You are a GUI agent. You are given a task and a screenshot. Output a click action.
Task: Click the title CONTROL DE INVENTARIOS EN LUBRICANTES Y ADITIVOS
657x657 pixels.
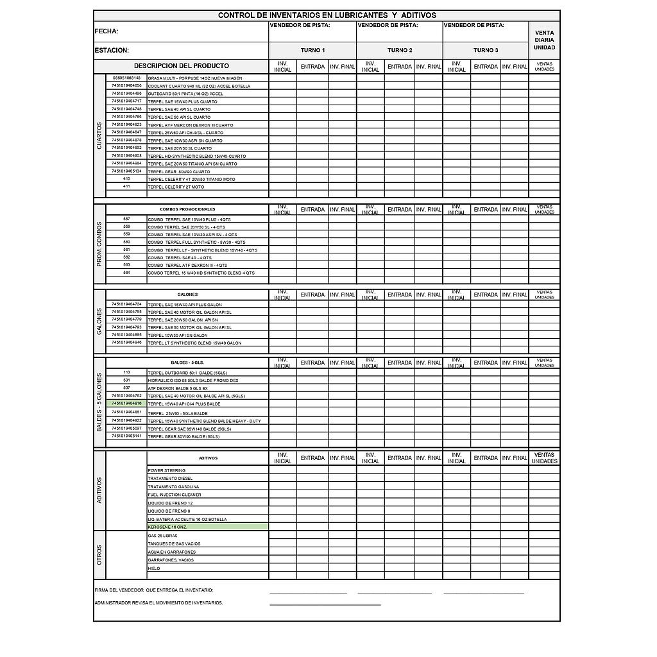pos(327,15)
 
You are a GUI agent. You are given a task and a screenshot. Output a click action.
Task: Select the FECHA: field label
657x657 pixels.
pos(107,31)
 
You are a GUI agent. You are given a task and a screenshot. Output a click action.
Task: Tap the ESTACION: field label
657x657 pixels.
pos(112,50)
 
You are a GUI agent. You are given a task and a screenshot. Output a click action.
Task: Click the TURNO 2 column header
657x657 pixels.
pos(399,50)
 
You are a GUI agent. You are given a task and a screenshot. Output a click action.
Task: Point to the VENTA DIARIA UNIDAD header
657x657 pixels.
pos(544,40)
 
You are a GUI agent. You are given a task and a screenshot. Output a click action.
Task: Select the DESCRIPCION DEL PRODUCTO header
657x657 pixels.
pos(181,66)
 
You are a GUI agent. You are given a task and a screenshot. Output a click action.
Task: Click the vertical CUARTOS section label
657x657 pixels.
pos(99,136)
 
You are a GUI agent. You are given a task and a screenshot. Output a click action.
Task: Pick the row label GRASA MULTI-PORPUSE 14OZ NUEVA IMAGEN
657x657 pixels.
pos(195,78)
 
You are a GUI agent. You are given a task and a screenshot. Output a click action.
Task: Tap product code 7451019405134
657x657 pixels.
pos(126,171)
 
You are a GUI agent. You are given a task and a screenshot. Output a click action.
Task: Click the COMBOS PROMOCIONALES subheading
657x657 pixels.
pos(187,210)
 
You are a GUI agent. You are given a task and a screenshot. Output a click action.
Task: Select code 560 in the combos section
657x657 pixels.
pos(126,242)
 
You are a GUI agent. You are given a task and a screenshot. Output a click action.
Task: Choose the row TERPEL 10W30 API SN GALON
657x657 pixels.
pos(178,335)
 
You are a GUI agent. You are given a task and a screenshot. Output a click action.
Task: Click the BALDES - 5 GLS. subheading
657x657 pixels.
pos(187,363)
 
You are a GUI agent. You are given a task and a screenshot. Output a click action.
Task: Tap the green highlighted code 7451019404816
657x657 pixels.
pos(126,404)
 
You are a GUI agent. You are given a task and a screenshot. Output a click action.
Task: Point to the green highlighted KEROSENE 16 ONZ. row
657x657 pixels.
pos(207,527)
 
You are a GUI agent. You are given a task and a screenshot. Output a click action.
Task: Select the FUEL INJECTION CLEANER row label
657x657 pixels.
pos(175,495)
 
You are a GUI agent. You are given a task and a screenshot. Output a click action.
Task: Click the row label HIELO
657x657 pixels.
pos(154,568)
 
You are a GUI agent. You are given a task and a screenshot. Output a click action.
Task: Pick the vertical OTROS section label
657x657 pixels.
pos(99,555)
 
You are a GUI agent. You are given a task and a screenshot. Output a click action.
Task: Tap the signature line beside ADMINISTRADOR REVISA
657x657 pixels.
pos(325,604)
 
